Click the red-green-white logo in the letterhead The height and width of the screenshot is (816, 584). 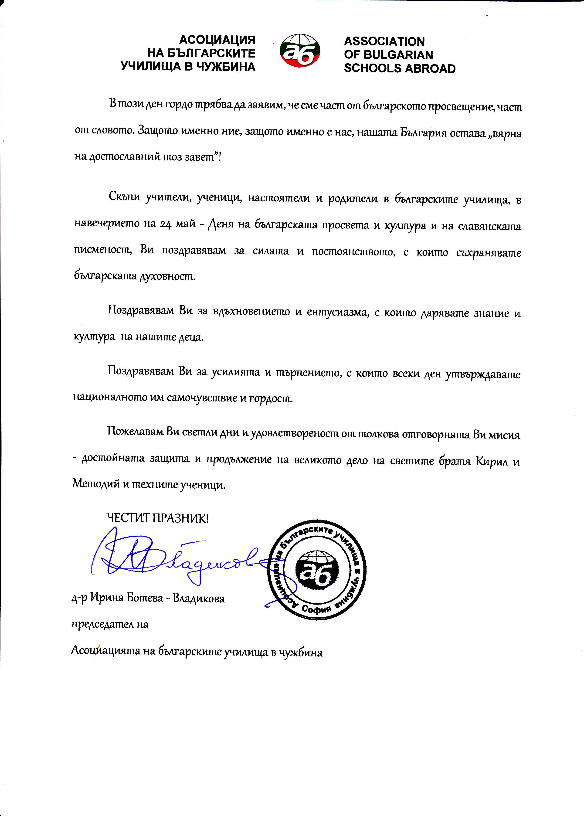tap(300, 50)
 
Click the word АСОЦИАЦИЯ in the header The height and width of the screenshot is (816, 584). tap(217, 40)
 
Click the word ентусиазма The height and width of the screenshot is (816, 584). tap(336, 312)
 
